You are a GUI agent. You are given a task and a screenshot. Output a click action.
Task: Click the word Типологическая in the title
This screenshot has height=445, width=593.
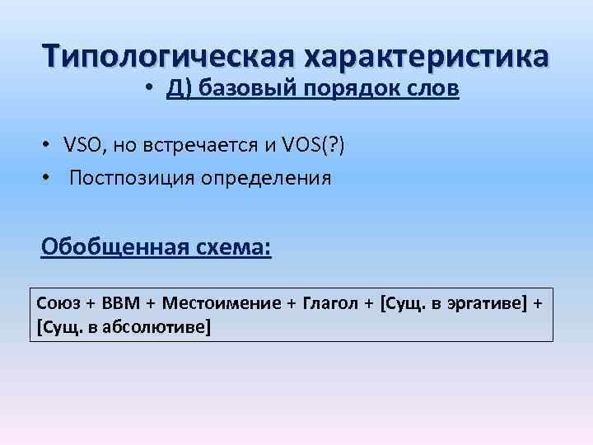tap(169, 56)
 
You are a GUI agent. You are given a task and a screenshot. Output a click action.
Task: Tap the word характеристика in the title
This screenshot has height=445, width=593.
tap(427, 56)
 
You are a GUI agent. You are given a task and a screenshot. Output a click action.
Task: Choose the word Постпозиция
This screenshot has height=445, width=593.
tap(129, 178)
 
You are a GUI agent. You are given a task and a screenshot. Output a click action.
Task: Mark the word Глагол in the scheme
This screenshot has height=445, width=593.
tap(331, 302)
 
